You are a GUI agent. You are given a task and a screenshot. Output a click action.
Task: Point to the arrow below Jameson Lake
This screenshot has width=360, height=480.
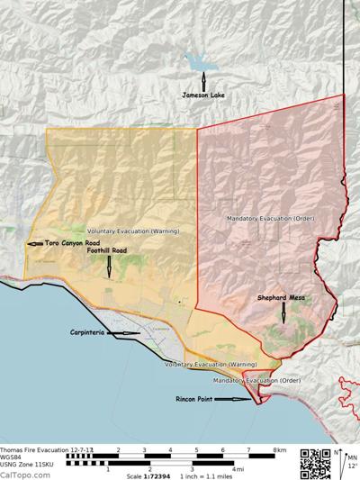point(203,78)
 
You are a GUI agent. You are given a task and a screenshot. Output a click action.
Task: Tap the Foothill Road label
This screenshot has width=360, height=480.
point(108,250)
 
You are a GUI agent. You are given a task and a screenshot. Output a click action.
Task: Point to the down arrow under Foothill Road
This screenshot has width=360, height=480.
point(109,266)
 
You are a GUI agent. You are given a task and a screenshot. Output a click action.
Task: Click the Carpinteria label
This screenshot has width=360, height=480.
point(89,333)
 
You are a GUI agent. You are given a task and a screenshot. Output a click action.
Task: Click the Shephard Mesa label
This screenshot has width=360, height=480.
point(283,297)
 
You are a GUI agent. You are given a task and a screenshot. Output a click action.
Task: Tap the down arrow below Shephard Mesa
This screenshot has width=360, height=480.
point(283,313)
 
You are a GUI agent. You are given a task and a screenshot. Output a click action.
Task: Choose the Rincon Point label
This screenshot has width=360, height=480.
point(196,400)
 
